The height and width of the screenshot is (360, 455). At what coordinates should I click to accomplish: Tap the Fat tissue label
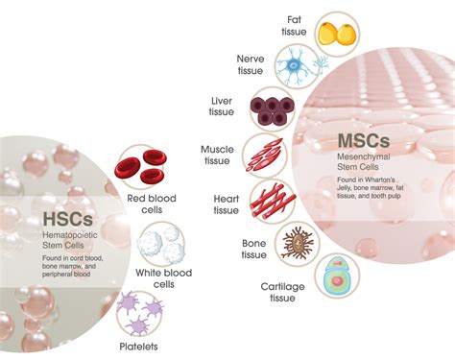[295, 26]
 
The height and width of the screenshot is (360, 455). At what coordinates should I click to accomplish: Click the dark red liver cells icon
[275, 108]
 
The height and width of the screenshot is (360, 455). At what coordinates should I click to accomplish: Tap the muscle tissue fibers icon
[264, 154]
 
